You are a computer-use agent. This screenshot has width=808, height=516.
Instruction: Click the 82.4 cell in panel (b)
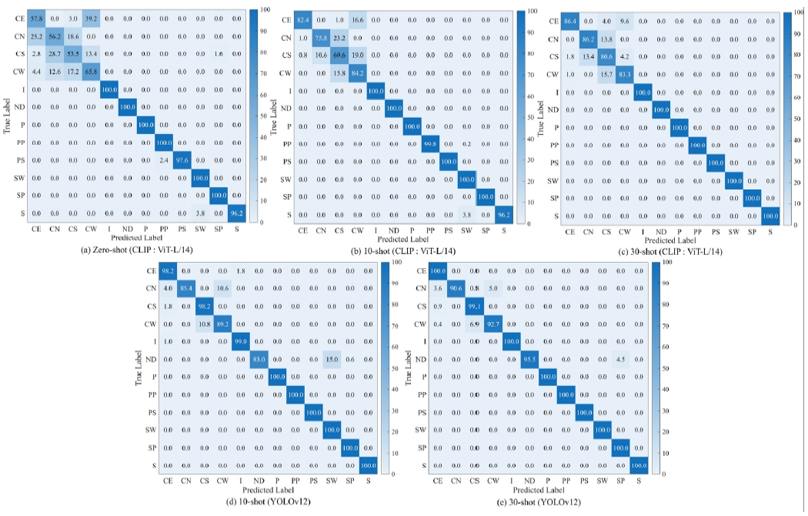(x=303, y=18)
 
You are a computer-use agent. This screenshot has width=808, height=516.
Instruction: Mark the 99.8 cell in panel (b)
(x=429, y=143)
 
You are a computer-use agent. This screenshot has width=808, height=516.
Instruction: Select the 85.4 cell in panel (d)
(x=186, y=289)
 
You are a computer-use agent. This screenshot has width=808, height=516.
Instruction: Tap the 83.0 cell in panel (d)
(x=259, y=359)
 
